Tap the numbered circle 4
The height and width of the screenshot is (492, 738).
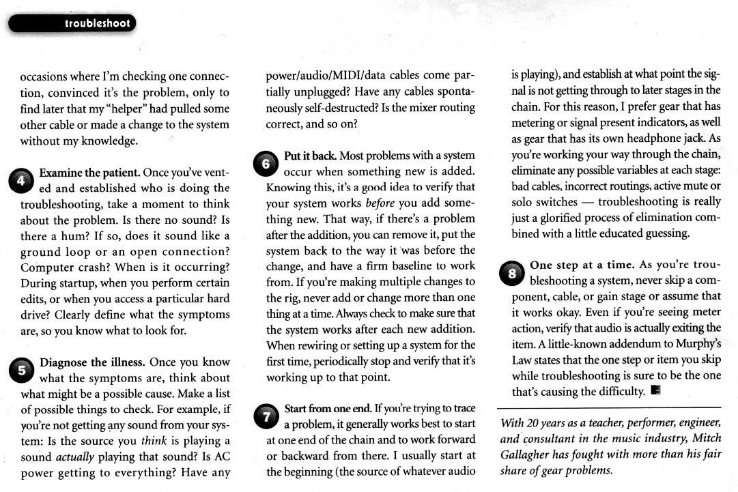pyautogui.click(x=20, y=181)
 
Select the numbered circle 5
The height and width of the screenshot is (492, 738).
pyautogui.click(x=20, y=370)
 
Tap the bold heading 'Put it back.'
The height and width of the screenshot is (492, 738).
pyautogui.click(x=310, y=156)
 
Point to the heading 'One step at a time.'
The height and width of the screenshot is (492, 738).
pyautogui.click(x=582, y=265)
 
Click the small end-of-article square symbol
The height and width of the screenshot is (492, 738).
pyautogui.click(x=655, y=391)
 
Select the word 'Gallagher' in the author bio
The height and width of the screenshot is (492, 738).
pyautogui.click(x=531, y=454)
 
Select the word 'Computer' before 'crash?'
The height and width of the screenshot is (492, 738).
pyautogui.click(x=49, y=266)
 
